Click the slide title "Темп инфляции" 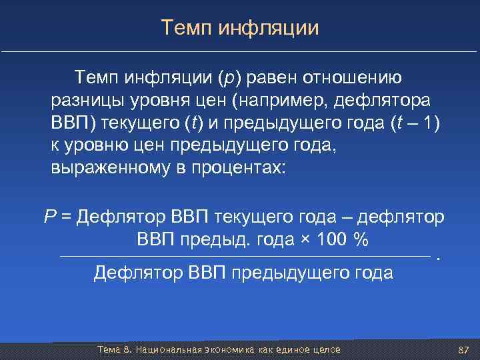tap(240, 28)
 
